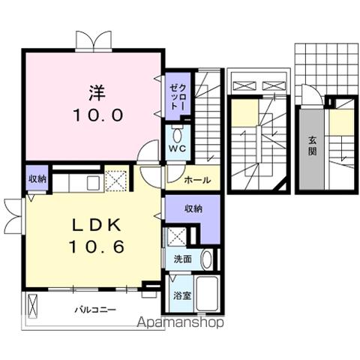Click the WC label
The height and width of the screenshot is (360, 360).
tap(177, 148)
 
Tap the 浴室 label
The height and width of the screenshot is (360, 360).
tap(182, 295)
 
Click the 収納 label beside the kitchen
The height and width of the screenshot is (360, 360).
tap(37, 178)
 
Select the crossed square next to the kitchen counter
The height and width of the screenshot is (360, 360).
tap(115, 180)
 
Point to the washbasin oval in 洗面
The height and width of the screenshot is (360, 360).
tap(207, 259)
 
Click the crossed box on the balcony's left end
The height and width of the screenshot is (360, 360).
tap(32, 305)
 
